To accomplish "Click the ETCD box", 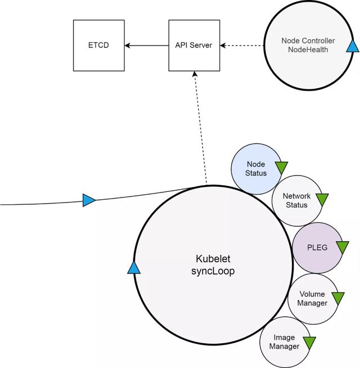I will (98, 45).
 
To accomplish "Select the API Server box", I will (193, 45).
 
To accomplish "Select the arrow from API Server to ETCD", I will (147, 45).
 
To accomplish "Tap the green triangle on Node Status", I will (281, 168).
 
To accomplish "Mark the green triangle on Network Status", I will (322, 199).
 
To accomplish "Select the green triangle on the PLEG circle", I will (343, 247).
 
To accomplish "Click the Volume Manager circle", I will (312, 299).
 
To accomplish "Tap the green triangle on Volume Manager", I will (337, 298).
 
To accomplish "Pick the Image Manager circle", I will (284, 342).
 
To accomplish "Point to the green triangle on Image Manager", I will (309, 342).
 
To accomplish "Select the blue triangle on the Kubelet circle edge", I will (134, 267).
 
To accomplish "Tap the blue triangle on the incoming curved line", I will (89, 200).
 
